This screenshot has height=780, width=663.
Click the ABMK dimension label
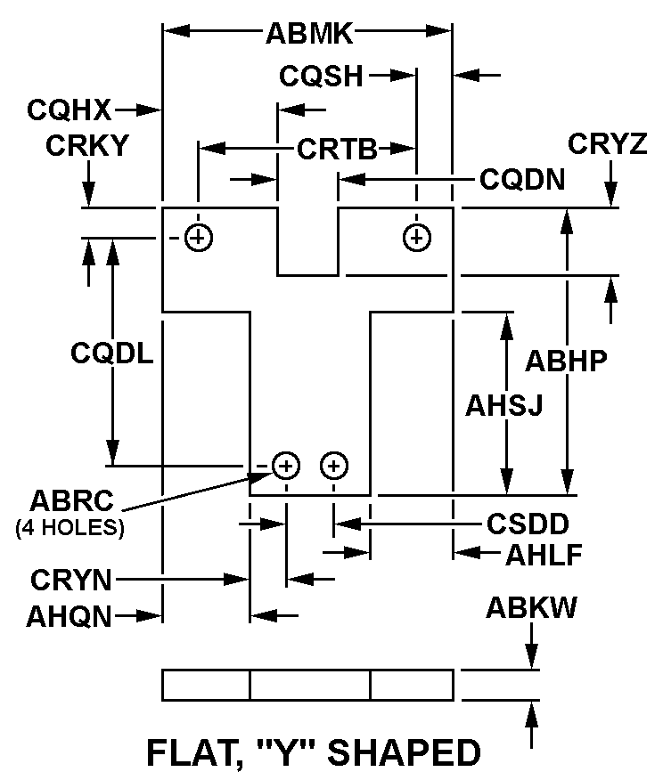pyautogui.click(x=309, y=35)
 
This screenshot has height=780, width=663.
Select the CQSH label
pyautogui.click(x=321, y=76)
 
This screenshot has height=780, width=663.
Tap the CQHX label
pyautogui.click(x=69, y=110)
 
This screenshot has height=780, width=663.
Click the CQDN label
pyautogui.click(x=522, y=180)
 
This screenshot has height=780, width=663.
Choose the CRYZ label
pyautogui.click(x=607, y=143)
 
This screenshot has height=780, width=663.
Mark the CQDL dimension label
pyautogui.click(x=112, y=353)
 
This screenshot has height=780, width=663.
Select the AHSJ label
pyautogui.click(x=504, y=405)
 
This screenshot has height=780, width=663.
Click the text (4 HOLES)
pyautogui.click(x=70, y=526)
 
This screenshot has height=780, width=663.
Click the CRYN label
pyautogui.click(x=71, y=581)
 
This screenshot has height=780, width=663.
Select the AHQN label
pyautogui.click(x=70, y=615)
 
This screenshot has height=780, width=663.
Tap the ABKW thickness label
pyautogui.click(x=531, y=609)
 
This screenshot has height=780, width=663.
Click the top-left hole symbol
pyautogui.click(x=199, y=237)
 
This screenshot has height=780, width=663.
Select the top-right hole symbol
pyautogui.click(x=416, y=237)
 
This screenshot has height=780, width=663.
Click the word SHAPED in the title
pyautogui.click(x=405, y=753)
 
